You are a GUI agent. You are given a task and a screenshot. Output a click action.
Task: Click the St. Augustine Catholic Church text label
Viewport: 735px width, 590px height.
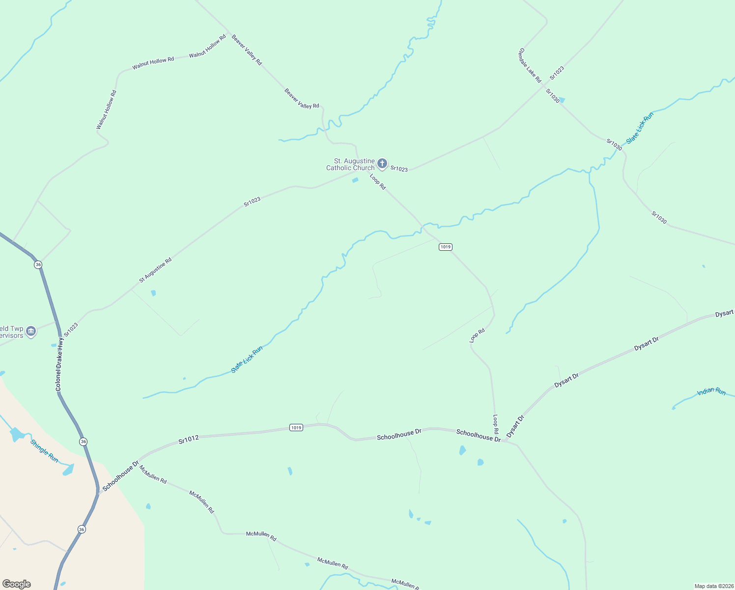coord(350,164)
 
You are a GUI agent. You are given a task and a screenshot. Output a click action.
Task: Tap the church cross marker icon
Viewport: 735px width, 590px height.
coord(382,164)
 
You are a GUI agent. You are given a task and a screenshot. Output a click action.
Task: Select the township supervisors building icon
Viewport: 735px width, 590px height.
coord(31,332)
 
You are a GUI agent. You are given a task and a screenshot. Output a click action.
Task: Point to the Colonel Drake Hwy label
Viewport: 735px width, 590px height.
coord(59,364)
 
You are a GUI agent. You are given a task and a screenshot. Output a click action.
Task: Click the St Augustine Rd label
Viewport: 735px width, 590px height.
coord(155,270)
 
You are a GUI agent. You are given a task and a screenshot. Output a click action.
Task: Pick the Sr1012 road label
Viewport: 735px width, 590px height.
coord(189,440)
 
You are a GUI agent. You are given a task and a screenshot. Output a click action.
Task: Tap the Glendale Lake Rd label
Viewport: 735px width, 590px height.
coord(530,65)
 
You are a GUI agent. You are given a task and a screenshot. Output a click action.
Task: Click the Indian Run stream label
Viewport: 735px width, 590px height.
coord(711,391)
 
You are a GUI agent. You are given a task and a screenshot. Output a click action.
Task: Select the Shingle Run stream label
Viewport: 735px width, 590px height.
coord(44,451)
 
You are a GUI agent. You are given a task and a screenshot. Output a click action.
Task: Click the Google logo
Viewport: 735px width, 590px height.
coord(17,584)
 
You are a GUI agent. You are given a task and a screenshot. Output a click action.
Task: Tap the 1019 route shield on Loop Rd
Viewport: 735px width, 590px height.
coord(445,247)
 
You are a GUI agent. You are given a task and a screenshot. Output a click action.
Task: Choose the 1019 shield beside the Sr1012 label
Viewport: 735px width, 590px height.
coord(296,428)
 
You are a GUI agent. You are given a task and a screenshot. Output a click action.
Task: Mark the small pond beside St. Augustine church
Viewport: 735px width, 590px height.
coord(355,180)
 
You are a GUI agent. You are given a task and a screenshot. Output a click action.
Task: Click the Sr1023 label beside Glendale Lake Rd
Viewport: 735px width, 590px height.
coord(557,73)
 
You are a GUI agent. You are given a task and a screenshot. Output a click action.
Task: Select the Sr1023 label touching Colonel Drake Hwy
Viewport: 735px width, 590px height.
coord(71,329)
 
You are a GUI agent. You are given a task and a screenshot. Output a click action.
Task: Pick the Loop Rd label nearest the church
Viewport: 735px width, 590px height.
coord(378,181)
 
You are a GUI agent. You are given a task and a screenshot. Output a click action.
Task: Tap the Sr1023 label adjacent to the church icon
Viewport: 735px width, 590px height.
coord(399,169)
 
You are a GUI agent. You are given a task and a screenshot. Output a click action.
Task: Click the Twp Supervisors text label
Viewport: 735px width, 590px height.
coord(11,332)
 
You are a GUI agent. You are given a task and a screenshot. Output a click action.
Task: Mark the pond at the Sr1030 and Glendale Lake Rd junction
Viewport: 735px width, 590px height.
coord(562,100)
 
